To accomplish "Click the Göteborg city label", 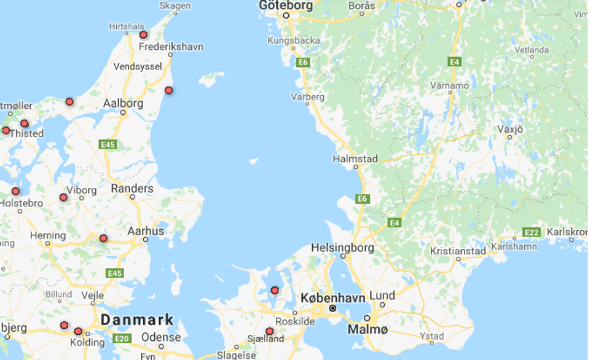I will [286, 6].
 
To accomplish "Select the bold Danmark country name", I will [137, 320].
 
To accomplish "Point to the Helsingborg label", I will [342, 248].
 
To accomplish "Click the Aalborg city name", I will [123, 104].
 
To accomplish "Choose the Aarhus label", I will [146, 231].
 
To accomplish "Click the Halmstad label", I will [355, 158].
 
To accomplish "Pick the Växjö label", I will [509, 129].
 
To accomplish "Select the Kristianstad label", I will [458, 251].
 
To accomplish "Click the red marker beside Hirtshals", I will [144, 35].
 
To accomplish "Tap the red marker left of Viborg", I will [63, 197].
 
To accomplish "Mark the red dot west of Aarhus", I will [103, 238].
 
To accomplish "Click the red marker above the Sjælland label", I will [269, 331].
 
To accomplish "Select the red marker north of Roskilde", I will [275, 290].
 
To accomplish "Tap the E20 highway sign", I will [122, 338].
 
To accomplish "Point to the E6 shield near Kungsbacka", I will [302, 62].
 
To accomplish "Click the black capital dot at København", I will [332, 308].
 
